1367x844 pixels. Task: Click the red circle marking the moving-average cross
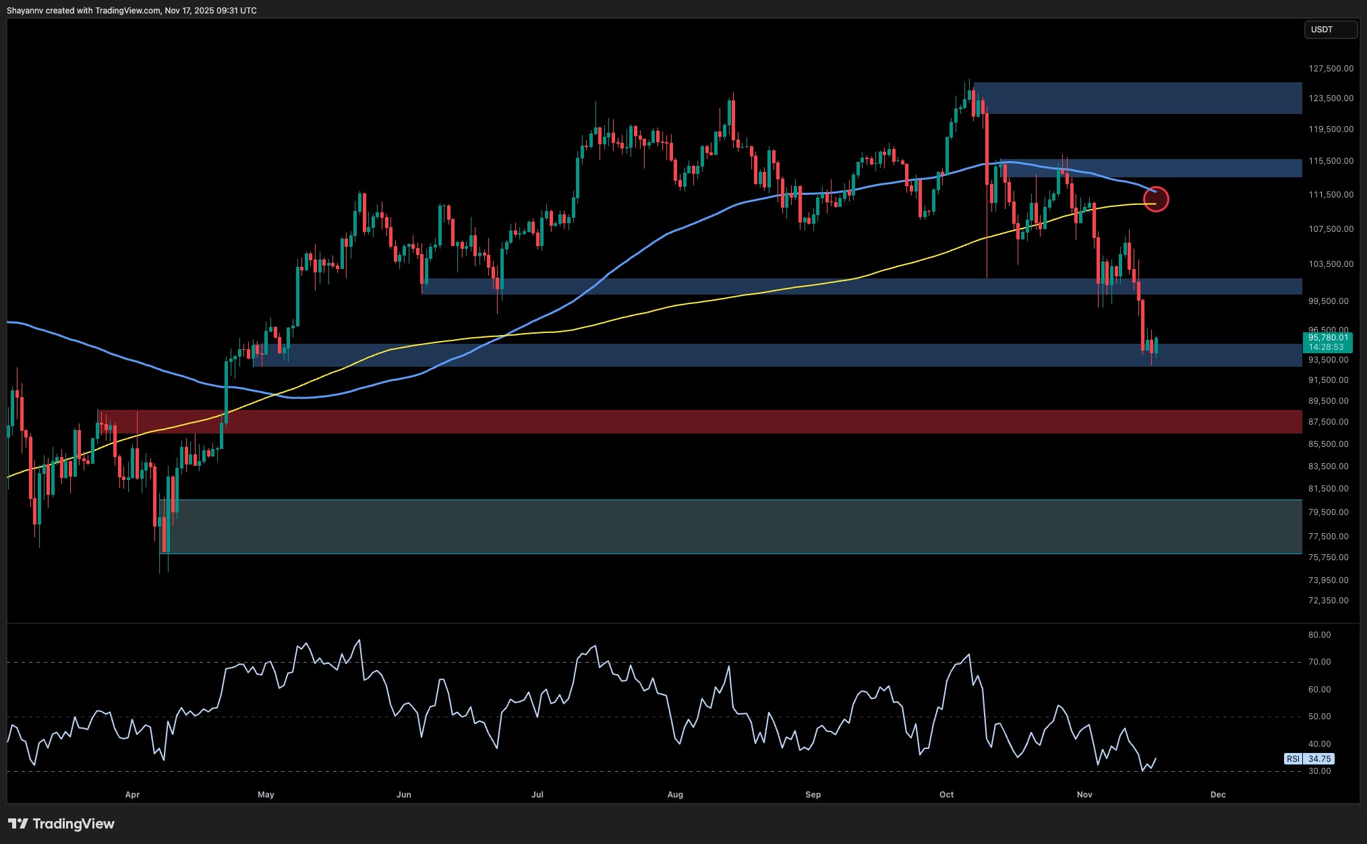(x=1157, y=199)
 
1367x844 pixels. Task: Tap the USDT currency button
(x=1329, y=30)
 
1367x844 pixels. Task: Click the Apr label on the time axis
(x=132, y=795)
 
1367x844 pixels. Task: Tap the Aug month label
(x=675, y=795)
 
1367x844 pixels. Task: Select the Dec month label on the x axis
(x=1218, y=795)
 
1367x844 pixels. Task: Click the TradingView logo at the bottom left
(x=61, y=824)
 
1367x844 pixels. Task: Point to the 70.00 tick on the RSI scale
(x=1319, y=662)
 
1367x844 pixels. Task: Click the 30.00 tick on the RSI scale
(x=1319, y=771)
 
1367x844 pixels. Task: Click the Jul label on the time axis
(x=537, y=795)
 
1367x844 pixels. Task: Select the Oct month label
(x=947, y=795)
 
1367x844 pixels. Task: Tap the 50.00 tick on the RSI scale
(x=1319, y=717)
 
